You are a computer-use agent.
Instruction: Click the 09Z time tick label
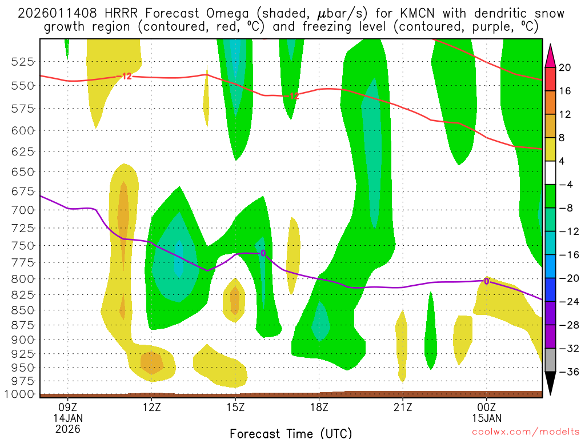pyautogui.click(x=68, y=407)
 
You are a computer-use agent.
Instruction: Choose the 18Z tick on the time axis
pyautogui.click(x=319, y=407)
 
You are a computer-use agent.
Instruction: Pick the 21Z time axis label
pyautogui.click(x=403, y=407)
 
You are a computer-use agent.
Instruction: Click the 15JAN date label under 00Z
pyautogui.click(x=486, y=417)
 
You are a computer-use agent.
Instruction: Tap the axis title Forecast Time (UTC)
pyautogui.click(x=291, y=433)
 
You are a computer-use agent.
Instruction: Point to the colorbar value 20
pyautogui.click(x=565, y=67)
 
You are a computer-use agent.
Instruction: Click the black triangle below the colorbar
pyautogui.click(x=551, y=384)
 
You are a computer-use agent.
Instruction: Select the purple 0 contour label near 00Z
pyautogui.click(x=486, y=281)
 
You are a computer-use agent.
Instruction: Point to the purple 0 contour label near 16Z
pyautogui.click(x=263, y=253)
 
